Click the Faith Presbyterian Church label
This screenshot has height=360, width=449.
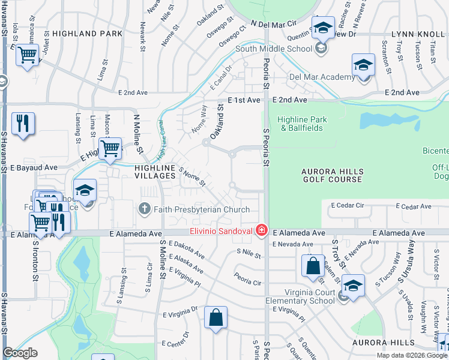202,209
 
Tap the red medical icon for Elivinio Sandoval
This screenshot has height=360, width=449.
261,230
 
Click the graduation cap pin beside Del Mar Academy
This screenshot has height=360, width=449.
363,65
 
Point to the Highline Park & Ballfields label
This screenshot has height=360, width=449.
302,124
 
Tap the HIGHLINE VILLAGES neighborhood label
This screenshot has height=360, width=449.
155,172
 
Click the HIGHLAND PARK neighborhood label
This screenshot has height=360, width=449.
87,34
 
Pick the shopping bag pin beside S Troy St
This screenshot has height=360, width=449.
313,266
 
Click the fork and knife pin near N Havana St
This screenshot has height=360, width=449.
23,123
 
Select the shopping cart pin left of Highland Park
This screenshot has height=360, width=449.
27,56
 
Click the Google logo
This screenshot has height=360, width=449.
20,353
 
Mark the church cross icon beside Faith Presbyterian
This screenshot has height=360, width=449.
144,209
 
